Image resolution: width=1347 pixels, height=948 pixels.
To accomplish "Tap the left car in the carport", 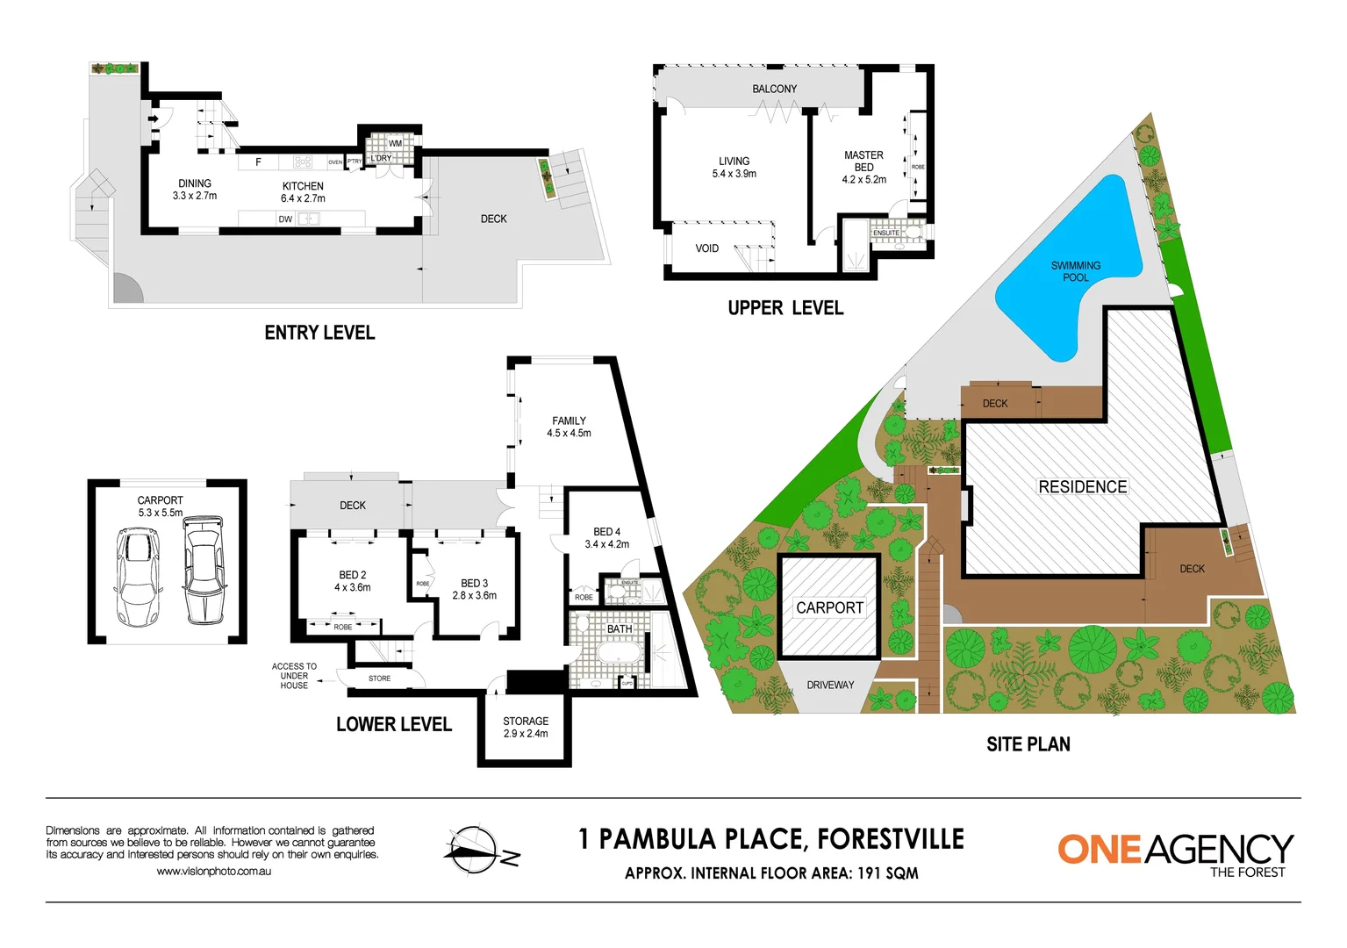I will (x=137, y=577).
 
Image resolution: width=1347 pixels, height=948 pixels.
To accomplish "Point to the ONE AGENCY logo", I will (x=1175, y=852).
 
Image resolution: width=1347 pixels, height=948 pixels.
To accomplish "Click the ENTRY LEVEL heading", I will (x=319, y=333).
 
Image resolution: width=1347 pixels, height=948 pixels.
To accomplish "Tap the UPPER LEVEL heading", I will (x=785, y=308).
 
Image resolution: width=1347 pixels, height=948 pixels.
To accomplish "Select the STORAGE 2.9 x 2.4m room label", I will (x=526, y=728).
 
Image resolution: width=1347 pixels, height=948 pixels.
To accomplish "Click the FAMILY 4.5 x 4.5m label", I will (x=569, y=427).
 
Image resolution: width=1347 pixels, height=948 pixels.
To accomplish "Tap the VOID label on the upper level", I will (x=706, y=248).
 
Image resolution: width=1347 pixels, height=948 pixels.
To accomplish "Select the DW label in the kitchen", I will (x=285, y=219).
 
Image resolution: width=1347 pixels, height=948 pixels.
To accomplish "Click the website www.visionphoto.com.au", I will (x=213, y=872).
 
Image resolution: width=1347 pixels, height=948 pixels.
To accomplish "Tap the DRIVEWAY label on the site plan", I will (x=830, y=685).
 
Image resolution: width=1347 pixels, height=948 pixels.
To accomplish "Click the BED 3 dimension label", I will (x=474, y=596).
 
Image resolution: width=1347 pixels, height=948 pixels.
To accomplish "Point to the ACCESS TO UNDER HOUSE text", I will (x=294, y=676).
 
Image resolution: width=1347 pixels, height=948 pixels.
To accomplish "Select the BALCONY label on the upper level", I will (x=774, y=89).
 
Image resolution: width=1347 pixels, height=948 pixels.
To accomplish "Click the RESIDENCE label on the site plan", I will (x=1082, y=487).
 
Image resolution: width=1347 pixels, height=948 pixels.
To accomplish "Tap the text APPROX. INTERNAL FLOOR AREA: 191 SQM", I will (x=771, y=873).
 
